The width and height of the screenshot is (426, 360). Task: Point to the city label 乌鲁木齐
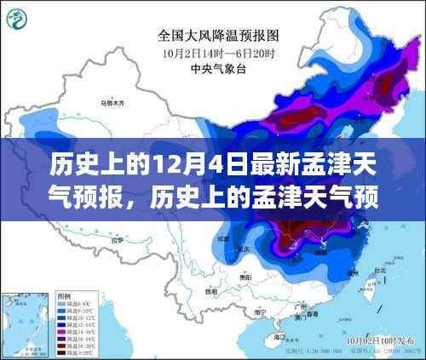pos(112,103)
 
